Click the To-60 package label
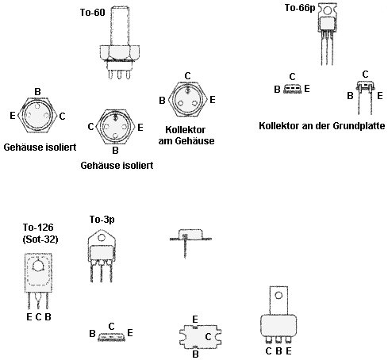(x=93, y=13)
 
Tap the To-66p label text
(x=300, y=8)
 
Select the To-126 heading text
(x=38, y=228)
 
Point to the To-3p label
(x=102, y=220)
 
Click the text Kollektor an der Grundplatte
(x=322, y=125)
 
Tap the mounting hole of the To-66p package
(x=328, y=11)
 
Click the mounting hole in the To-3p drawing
(x=102, y=238)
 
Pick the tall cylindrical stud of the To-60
(x=120, y=26)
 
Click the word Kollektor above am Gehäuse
(x=185, y=130)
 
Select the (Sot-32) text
(x=40, y=239)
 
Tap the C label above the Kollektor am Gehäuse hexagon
(x=187, y=76)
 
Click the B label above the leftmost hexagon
(x=37, y=92)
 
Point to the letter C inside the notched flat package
(x=208, y=337)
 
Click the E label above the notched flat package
(x=195, y=320)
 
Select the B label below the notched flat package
(x=195, y=354)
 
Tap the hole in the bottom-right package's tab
(x=279, y=295)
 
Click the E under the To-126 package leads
(x=29, y=317)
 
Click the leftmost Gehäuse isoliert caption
(x=40, y=147)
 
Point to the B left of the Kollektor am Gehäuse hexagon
(x=162, y=101)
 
